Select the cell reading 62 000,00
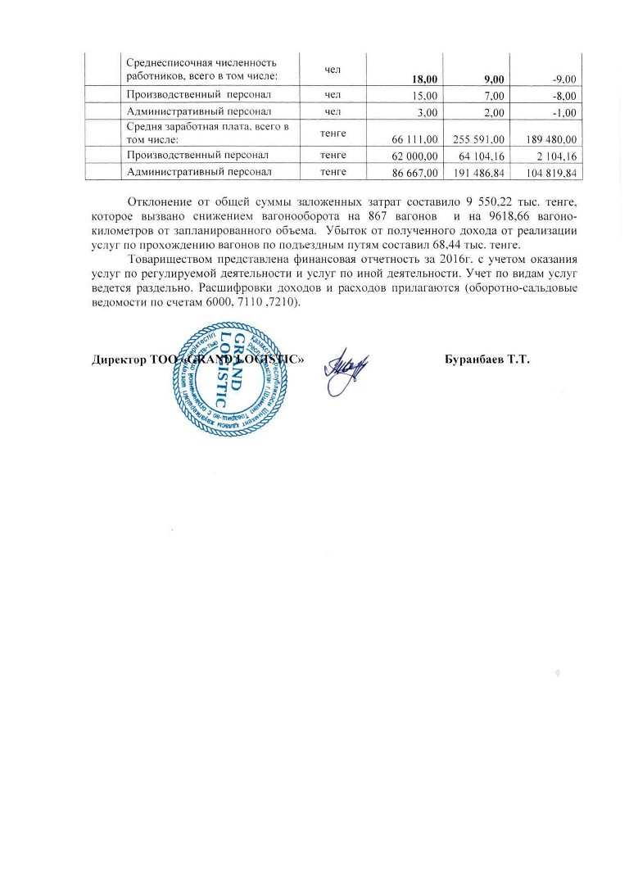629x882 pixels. tap(417, 156)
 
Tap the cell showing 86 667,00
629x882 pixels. tap(417, 172)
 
